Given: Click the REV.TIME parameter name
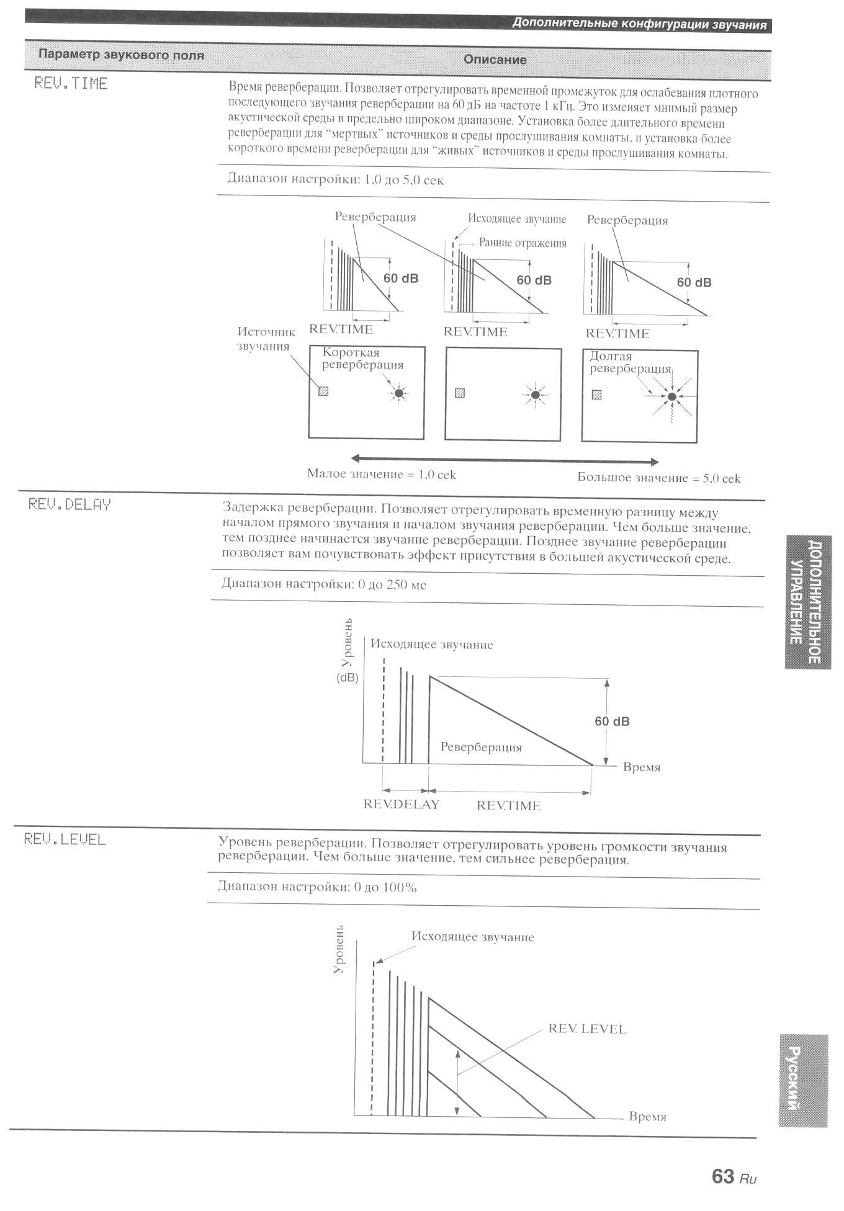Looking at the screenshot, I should [x=71, y=83].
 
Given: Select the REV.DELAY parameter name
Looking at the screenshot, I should [x=70, y=504].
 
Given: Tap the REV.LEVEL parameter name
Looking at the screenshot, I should [x=65, y=839].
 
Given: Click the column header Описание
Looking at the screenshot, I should [x=495, y=60].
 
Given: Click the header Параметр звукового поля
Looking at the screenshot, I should [x=121, y=55].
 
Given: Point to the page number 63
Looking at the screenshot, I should [x=723, y=1176].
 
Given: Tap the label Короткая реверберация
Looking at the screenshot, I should [x=362, y=359].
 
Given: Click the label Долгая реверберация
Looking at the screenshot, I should [x=630, y=362].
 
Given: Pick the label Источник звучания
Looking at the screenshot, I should [x=266, y=339].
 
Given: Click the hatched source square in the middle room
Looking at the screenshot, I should [x=460, y=393].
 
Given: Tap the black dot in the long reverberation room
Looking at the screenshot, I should [x=671, y=396].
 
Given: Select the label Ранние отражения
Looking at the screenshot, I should [x=523, y=243].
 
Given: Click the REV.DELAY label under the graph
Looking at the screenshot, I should [x=401, y=805].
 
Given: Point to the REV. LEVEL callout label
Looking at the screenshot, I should [x=587, y=1029].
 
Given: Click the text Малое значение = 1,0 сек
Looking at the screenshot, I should [x=381, y=475].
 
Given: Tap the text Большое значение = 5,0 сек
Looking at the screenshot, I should [x=658, y=478].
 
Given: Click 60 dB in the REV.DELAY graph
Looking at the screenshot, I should [x=612, y=721].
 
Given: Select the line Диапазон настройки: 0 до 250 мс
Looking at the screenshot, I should [x=324, y=584].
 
